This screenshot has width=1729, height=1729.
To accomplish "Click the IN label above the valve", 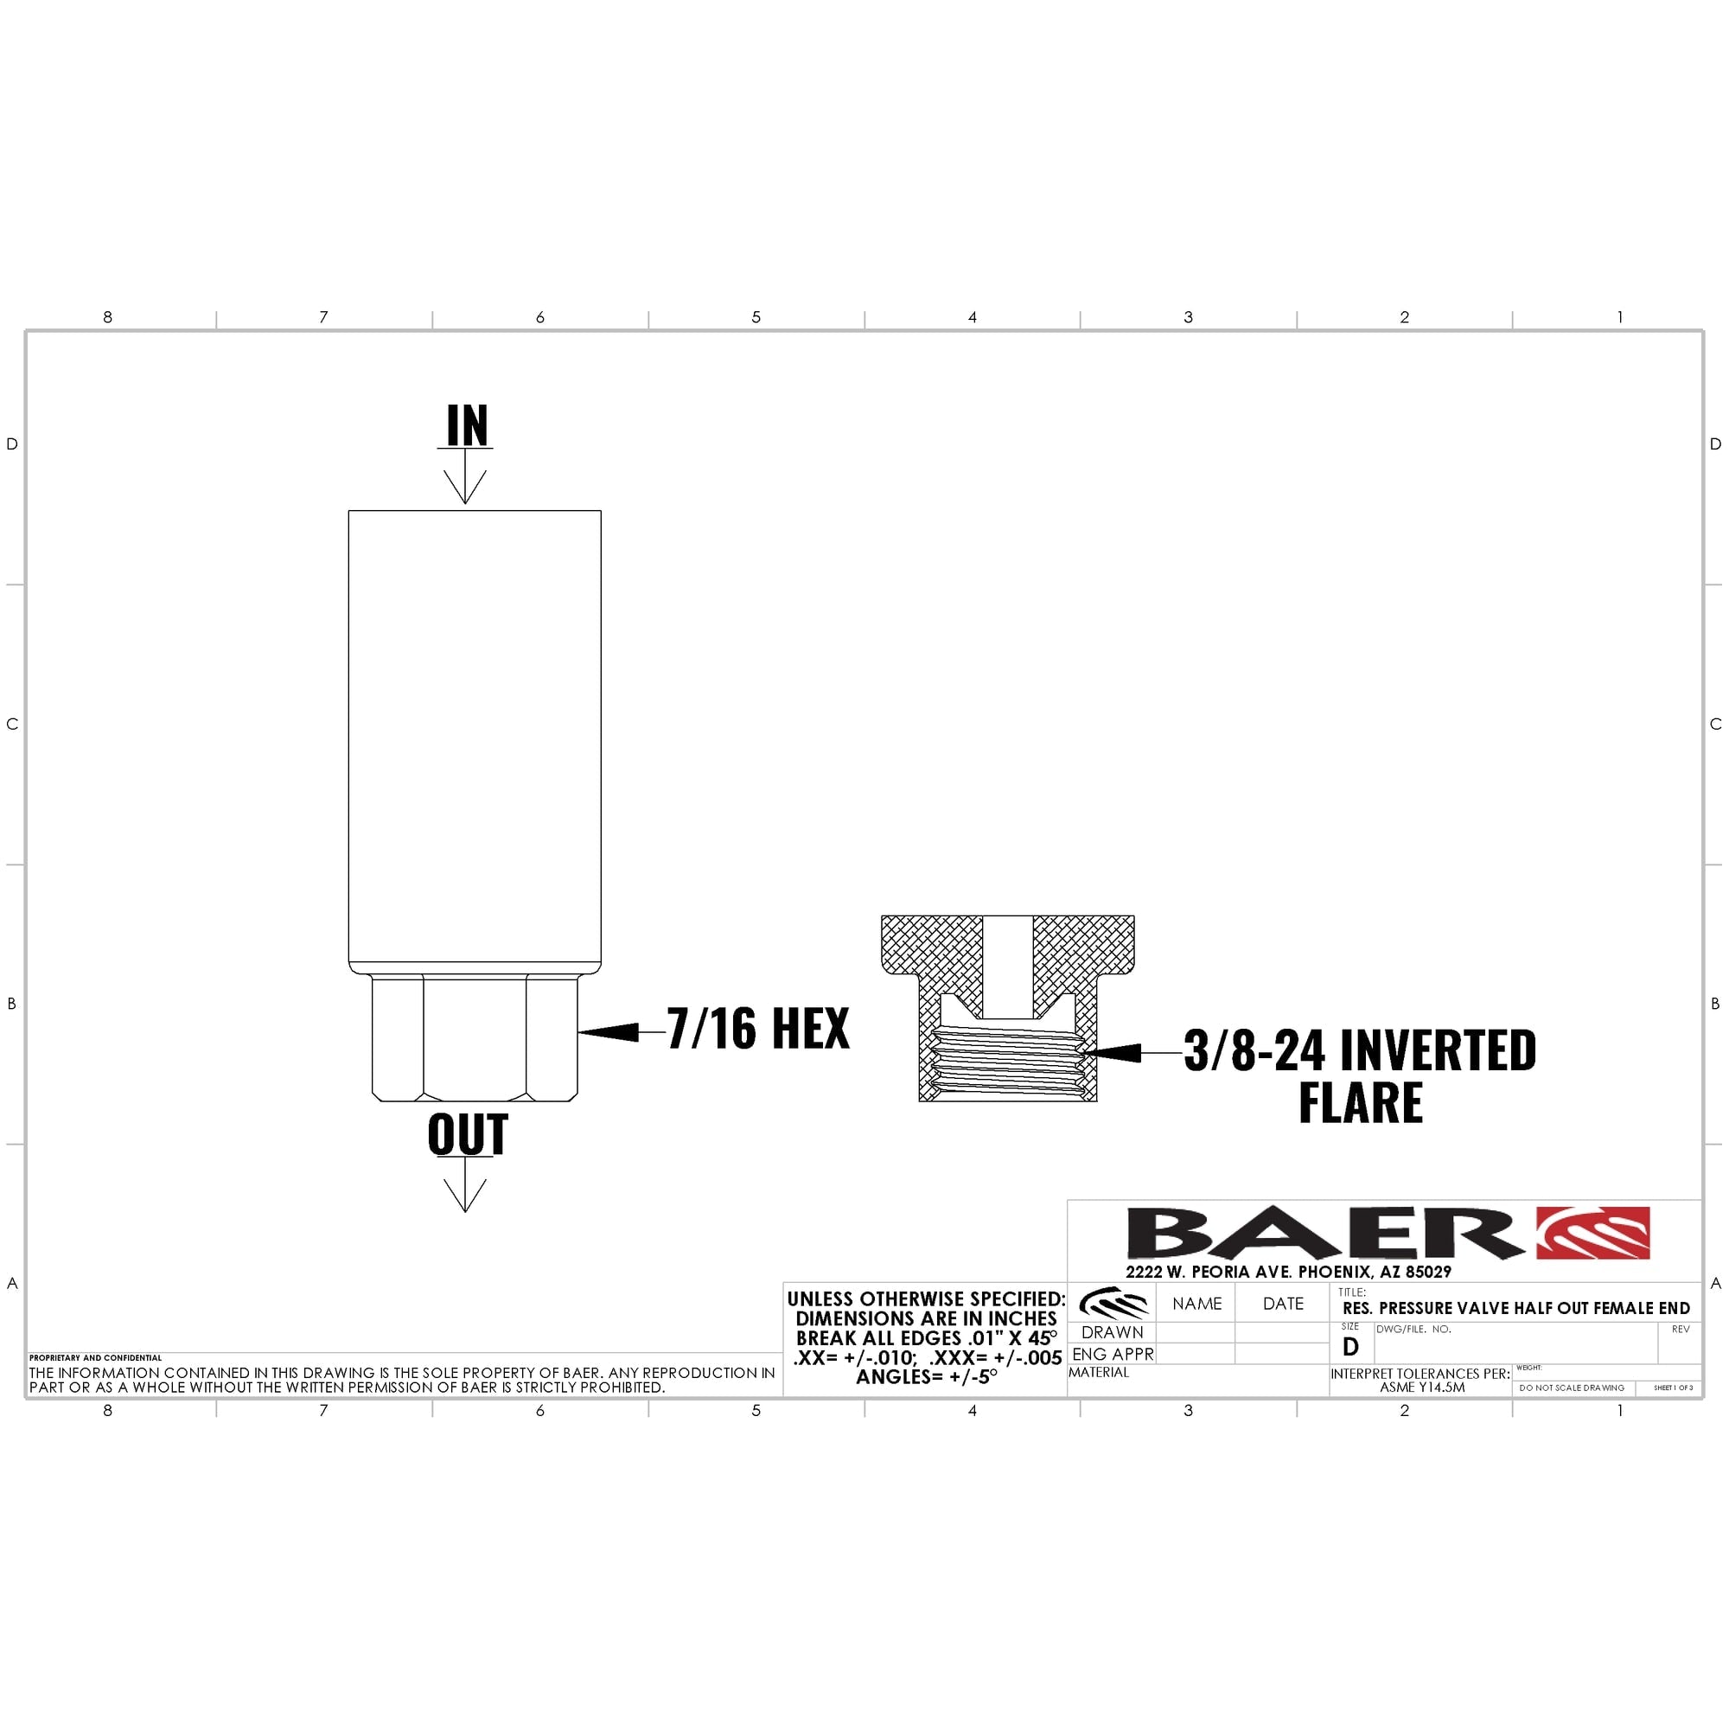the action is coord(468,425).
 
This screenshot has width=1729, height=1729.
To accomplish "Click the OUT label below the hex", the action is coord(468,1135).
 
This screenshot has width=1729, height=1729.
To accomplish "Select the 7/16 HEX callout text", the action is coord(758,1028).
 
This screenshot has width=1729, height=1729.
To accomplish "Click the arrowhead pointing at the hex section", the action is coord(609,1032).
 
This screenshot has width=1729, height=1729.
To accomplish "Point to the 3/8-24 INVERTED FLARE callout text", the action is coord(1360,1075).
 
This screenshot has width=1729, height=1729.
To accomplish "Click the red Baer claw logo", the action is coord(1594,1232).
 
